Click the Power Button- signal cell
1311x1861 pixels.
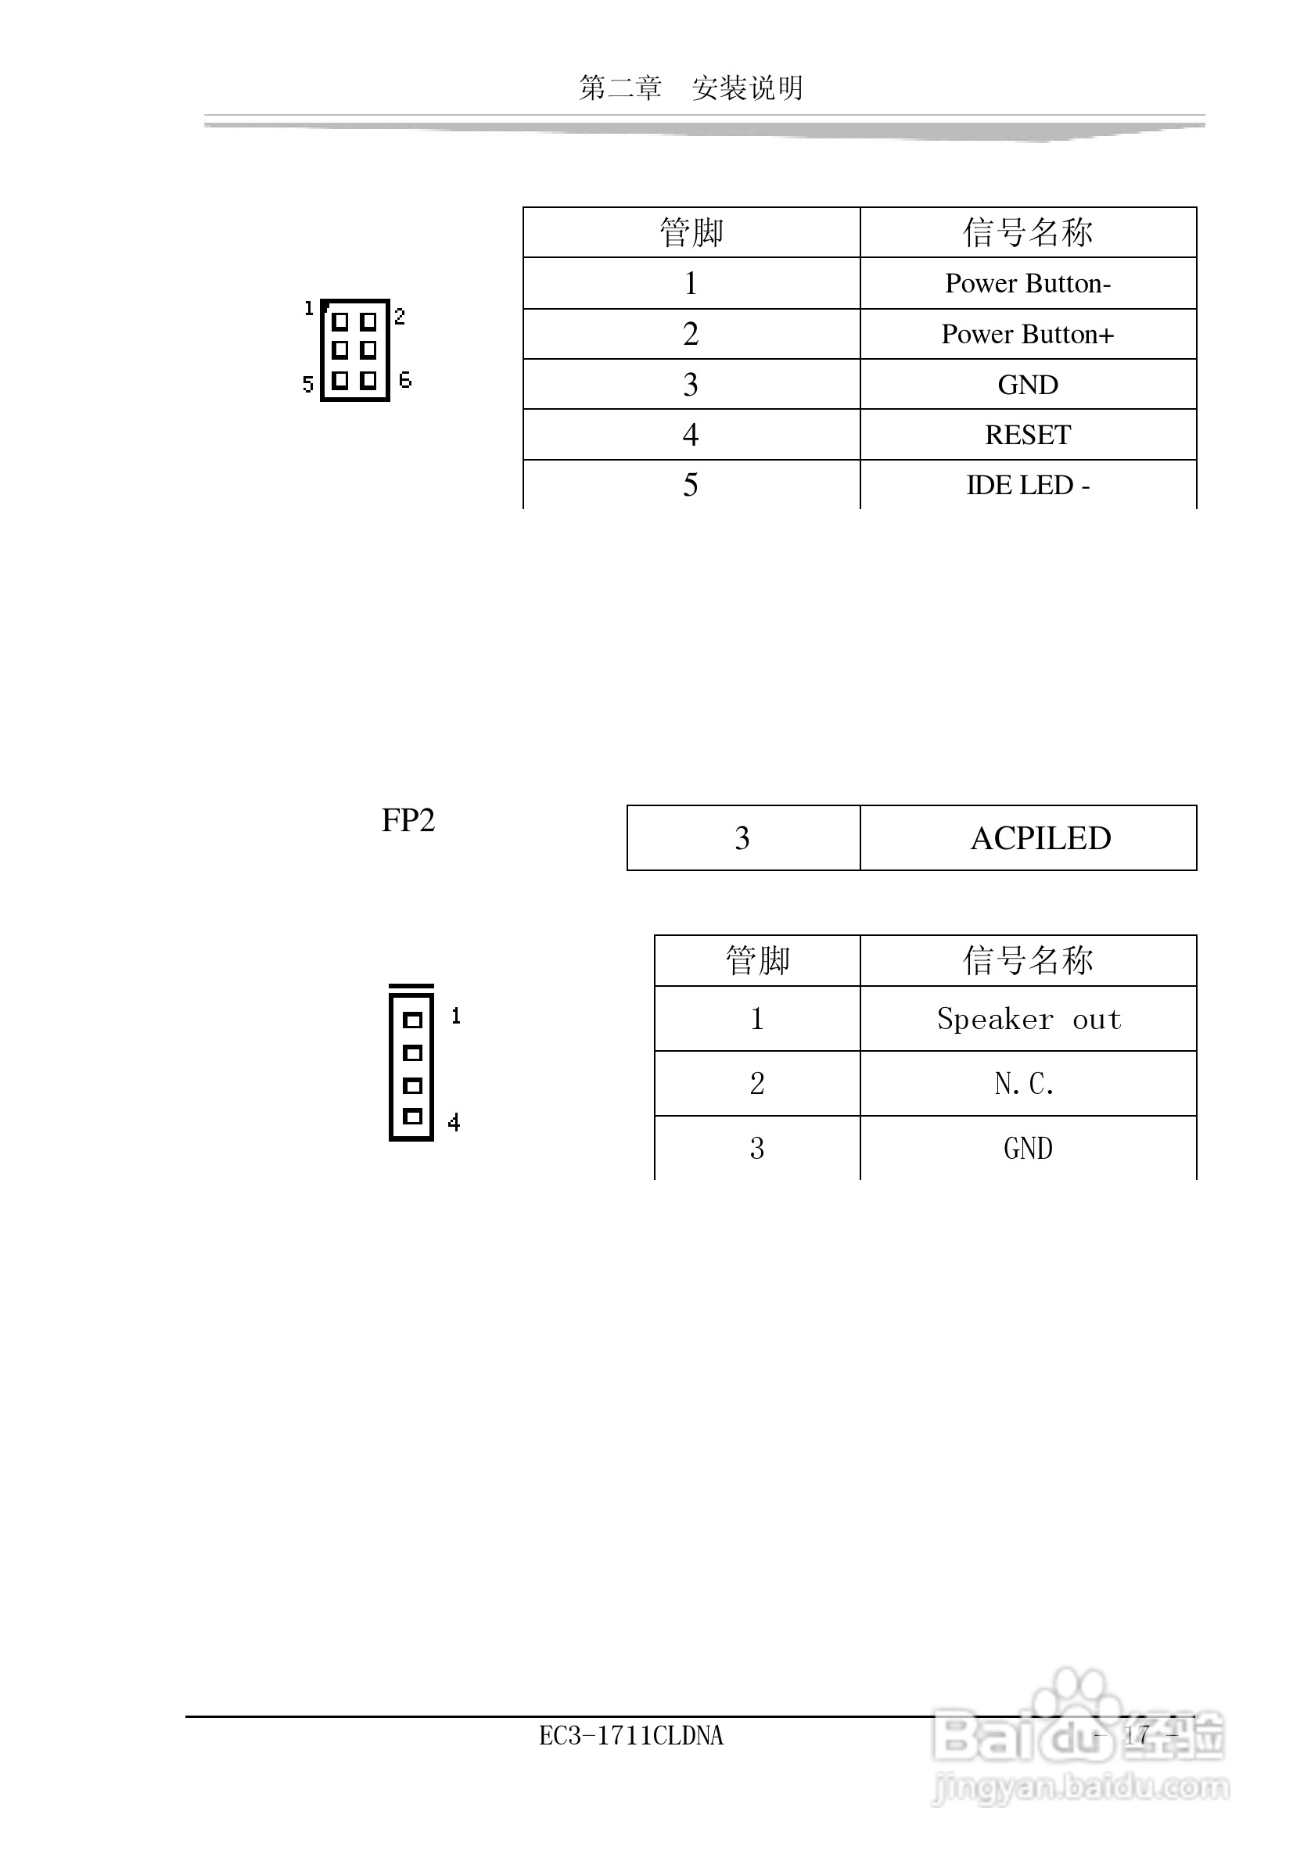[x=1027, y=284]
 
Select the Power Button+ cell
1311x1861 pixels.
[x=1027, y=334]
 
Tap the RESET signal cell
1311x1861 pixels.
[x=1027, y=436]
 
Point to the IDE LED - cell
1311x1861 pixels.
[x=1027, y=486]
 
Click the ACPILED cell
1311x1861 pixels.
[x=1040, y=838]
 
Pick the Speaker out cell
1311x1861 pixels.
[x=1028, y=1019]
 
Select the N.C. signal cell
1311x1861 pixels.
[x=1025, y=1084]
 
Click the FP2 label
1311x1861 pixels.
[x=408, y=820]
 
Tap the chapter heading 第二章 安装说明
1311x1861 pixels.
[x=691, y=88]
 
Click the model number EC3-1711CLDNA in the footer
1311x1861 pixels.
[x=630, y=1735]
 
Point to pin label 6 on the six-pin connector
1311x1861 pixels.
[x=405, y=379]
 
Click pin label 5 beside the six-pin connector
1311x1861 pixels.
[x=307, y=384]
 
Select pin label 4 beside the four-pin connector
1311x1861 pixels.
[x=454, y=1123]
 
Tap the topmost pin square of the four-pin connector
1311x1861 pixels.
[x=413, y=1020]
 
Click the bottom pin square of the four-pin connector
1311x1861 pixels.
[x=413, y=1117]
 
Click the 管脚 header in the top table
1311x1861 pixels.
[x=691, y=233]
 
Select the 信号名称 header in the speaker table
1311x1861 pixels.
[x=1027, y=960]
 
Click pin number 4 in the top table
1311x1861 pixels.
[x=691, y=436]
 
